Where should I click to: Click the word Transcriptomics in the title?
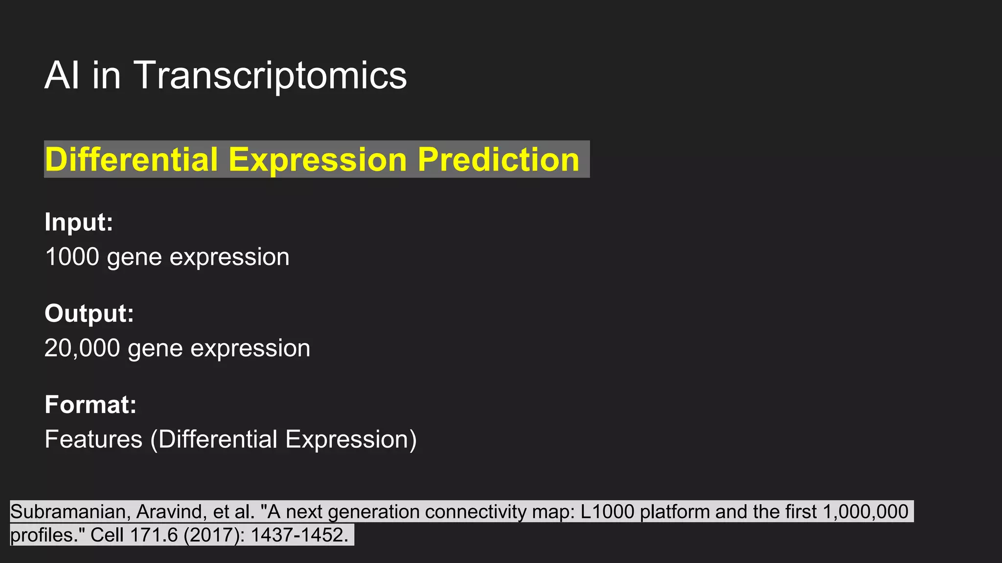click(x=270, y=75)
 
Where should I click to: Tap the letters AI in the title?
click(x=62, y=75)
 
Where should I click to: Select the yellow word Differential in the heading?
click(x=131, y=159)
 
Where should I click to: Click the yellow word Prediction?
click(x=498, y=159)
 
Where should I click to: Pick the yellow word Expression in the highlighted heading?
click(x=318, y=159)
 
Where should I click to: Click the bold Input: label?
click(x=79, y=222)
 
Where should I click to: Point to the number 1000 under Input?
click(x=72, y=257)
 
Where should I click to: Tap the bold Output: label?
click(x=89, y=313)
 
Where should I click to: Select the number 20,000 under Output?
click(x=82, y=348)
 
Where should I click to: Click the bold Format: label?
click(x=91, y=405)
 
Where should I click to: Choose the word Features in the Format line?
click(x=93, y=439)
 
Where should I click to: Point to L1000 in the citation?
click(x=607, y=512)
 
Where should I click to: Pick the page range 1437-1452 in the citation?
click(x=298, y=535)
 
